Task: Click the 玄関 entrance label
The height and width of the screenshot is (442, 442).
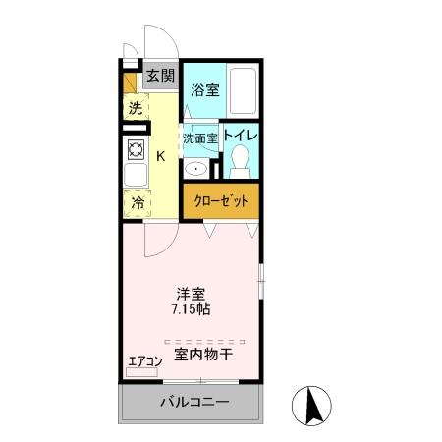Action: (160, 76)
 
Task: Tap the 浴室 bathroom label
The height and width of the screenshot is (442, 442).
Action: (204, 88)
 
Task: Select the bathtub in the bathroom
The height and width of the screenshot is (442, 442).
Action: (243, 92)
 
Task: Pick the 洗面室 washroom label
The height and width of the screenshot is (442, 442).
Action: (200, 138)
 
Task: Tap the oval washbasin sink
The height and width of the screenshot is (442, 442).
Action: (196, 168)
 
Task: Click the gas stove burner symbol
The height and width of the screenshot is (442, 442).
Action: (135, 150)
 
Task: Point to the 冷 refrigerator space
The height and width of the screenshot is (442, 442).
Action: (136, 203)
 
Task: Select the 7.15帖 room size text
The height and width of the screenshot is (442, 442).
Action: (191, 308)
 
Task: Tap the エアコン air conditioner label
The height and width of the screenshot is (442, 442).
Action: (144, 360)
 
